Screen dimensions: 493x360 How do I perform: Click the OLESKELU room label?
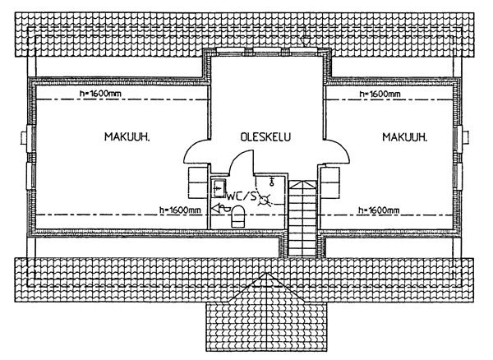coord(265,136)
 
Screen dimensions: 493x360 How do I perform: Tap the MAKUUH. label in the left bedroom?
coord(127,136)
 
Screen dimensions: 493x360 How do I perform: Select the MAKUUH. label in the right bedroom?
coord(405,136)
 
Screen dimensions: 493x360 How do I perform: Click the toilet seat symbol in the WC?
coord(237,216)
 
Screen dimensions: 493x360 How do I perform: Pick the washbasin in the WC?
coord(219,188)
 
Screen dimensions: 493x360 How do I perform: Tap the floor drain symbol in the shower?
coord(265,200)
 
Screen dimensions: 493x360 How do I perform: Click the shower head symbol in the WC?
coord(272,182)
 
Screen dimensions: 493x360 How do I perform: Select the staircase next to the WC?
coord(302,218)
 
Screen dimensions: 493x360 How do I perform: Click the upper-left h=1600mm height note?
coord(100,94)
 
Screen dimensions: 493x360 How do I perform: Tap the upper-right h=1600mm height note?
coord(380,94)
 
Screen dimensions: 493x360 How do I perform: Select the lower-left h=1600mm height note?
coord(180,210)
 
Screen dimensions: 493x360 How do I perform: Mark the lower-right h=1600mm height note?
coord(379,210)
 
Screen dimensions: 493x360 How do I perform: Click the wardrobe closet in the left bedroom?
coord(198,182)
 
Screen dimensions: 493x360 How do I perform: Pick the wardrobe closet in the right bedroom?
coord(329,182)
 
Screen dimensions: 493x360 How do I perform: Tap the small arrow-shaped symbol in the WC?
coord(220,208)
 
